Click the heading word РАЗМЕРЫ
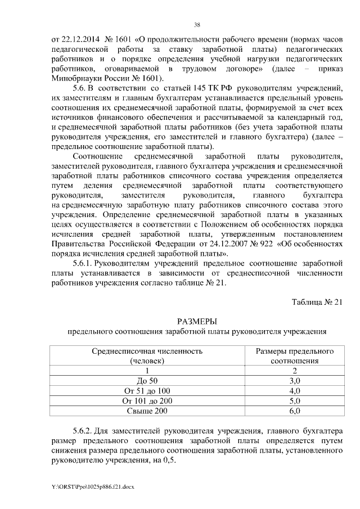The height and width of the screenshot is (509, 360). (197, 321)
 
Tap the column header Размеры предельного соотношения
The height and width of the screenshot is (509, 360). (295, 356)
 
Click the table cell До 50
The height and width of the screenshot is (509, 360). (147, 381)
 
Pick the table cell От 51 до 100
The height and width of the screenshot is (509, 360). (147, 391)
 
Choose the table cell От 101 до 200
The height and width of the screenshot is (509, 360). (147, 401)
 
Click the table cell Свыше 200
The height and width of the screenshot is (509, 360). (147, 411)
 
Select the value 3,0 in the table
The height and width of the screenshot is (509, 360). (295, 381)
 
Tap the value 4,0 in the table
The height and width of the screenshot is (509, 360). (295, 391)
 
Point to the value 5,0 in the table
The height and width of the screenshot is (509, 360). (295, 401)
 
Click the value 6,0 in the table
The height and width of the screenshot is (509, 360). (295, 411)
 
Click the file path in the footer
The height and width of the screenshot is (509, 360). (93, 485)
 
